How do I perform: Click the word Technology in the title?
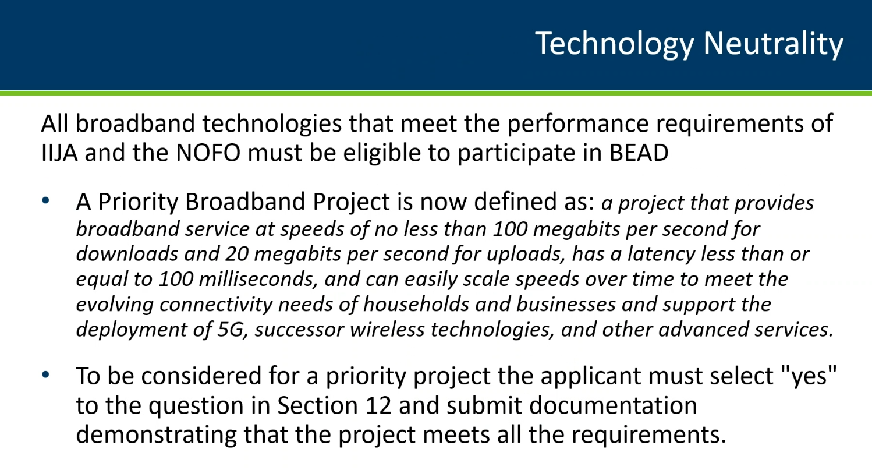[615, 44]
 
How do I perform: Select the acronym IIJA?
[59, 153]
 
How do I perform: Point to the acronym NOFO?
[208, 153]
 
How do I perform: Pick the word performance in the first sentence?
[578, 124]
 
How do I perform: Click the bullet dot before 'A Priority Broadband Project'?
[45, 201]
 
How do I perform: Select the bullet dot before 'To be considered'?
[45, 374]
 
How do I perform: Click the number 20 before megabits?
[237, 254]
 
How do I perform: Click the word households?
[416, 305]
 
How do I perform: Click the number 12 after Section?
[378, 405]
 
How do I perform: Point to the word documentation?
[613, 405]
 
